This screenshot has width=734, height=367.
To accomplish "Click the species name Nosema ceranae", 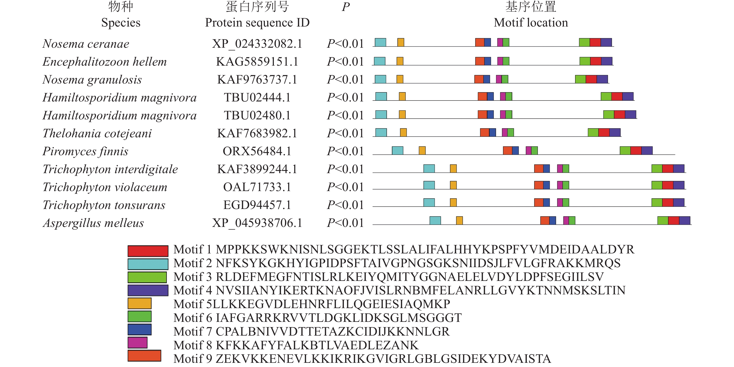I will point(86,44).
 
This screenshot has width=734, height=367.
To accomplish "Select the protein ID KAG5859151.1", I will point(257,62).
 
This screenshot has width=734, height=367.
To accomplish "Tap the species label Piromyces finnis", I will point(85,151).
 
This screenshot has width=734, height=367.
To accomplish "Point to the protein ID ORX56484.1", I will point(257,151).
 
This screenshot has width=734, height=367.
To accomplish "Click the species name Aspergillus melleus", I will point(93,223).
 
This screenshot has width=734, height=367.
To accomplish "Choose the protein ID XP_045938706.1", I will point(257,223).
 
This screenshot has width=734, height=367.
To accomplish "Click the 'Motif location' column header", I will point(531,23).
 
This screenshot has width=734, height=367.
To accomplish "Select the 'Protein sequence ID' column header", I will point(257,23).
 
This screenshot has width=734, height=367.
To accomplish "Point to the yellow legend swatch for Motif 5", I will point(139,303).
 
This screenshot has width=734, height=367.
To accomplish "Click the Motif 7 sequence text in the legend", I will point(332,332).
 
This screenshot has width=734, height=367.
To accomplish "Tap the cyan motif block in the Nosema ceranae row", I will point(380,42).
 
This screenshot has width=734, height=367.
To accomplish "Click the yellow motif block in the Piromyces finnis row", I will point(422,151).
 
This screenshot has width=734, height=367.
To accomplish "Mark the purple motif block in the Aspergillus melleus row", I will point(684,220).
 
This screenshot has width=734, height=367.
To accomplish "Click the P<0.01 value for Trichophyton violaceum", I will point(345,187).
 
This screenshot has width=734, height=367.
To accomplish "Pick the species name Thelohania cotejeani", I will point(97,133).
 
